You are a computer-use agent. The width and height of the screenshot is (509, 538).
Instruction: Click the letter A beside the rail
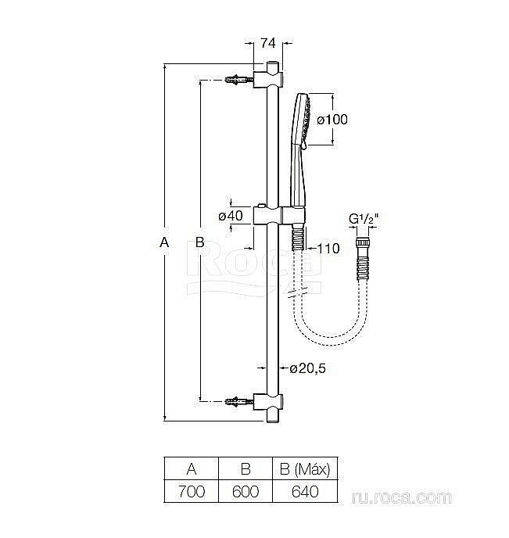tap(163, 243)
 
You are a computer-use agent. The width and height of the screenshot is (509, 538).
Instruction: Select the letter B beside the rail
tap(200, 243)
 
